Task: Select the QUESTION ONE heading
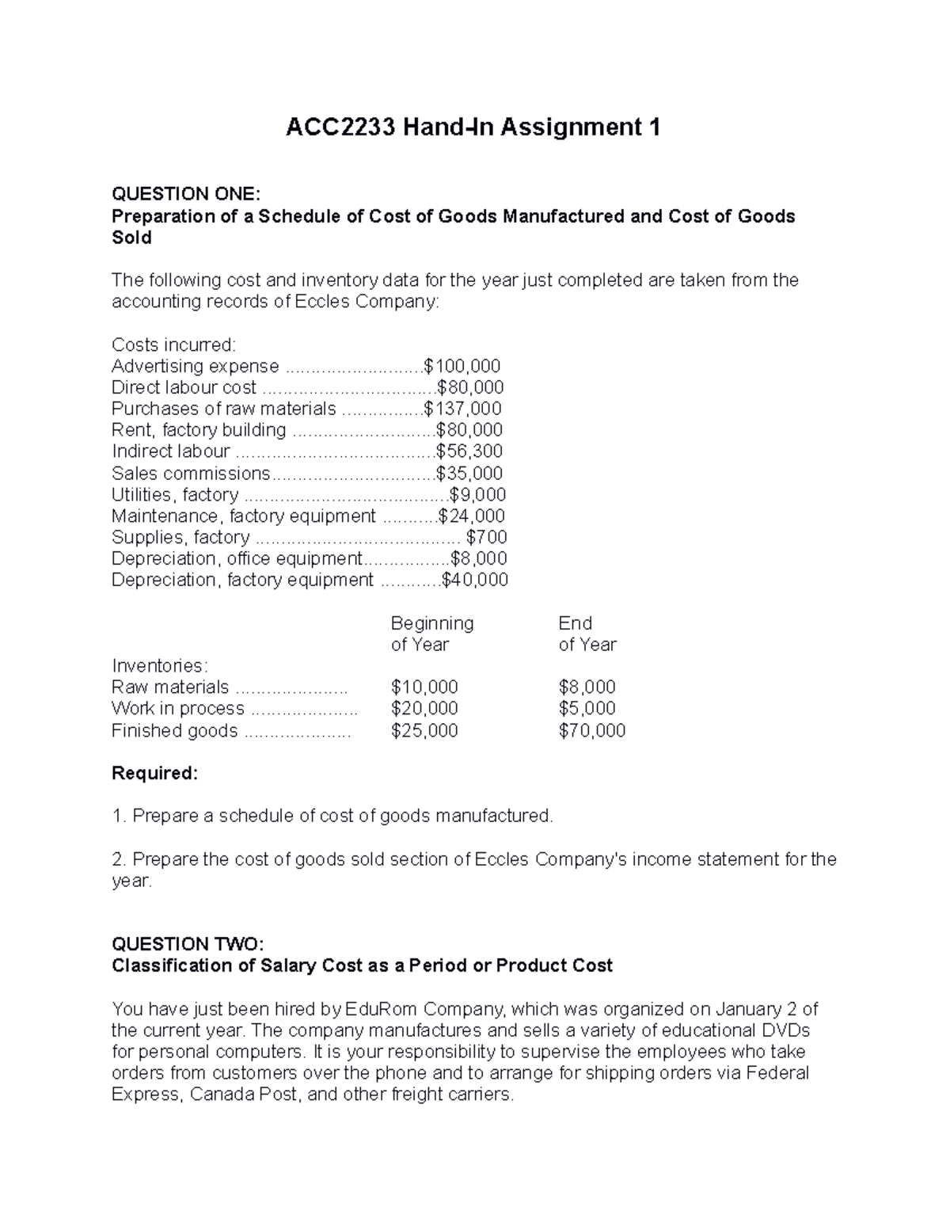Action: pyautogui.click(x=185, y=194)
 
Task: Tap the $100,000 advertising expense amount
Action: pyautogui.click(x=462, y=366)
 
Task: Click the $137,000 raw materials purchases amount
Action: pyautogui.click(x=462, y=409)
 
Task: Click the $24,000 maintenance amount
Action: pyautogui.click(x=472, y=516)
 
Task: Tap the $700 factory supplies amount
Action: pyautogui.click(x=487, y=538)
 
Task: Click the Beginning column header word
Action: pyautogui.click(x=432, y=623)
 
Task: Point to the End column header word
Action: pyautogui.click(x=575, y=623)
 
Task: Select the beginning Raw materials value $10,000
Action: pyautogui.click(x=424, y=687)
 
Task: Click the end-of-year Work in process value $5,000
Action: pyautogui.click(x=587, y=709)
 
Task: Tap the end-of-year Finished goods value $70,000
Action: pyautogui.click(x=591, y=731)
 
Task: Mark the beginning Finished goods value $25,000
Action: pyautogui.click(x=424, y=731)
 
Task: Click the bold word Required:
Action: pyautogui.click(x=155, y=774)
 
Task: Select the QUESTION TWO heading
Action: pyautogui.click(x=186, y=944)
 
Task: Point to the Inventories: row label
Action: pyautogui.click(x=160, y=665)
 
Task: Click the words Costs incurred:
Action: pyautogui.click(x=173, y=345)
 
